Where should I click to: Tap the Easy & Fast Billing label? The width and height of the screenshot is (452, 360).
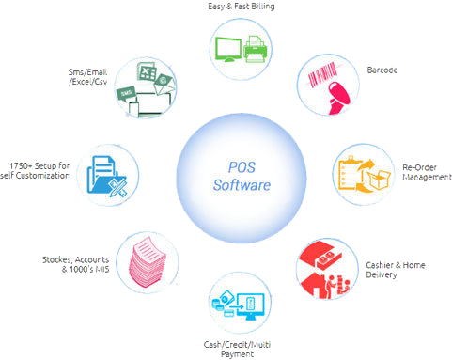[x=226, y=8]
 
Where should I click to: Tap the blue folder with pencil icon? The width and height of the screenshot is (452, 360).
[x=106, y=175]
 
